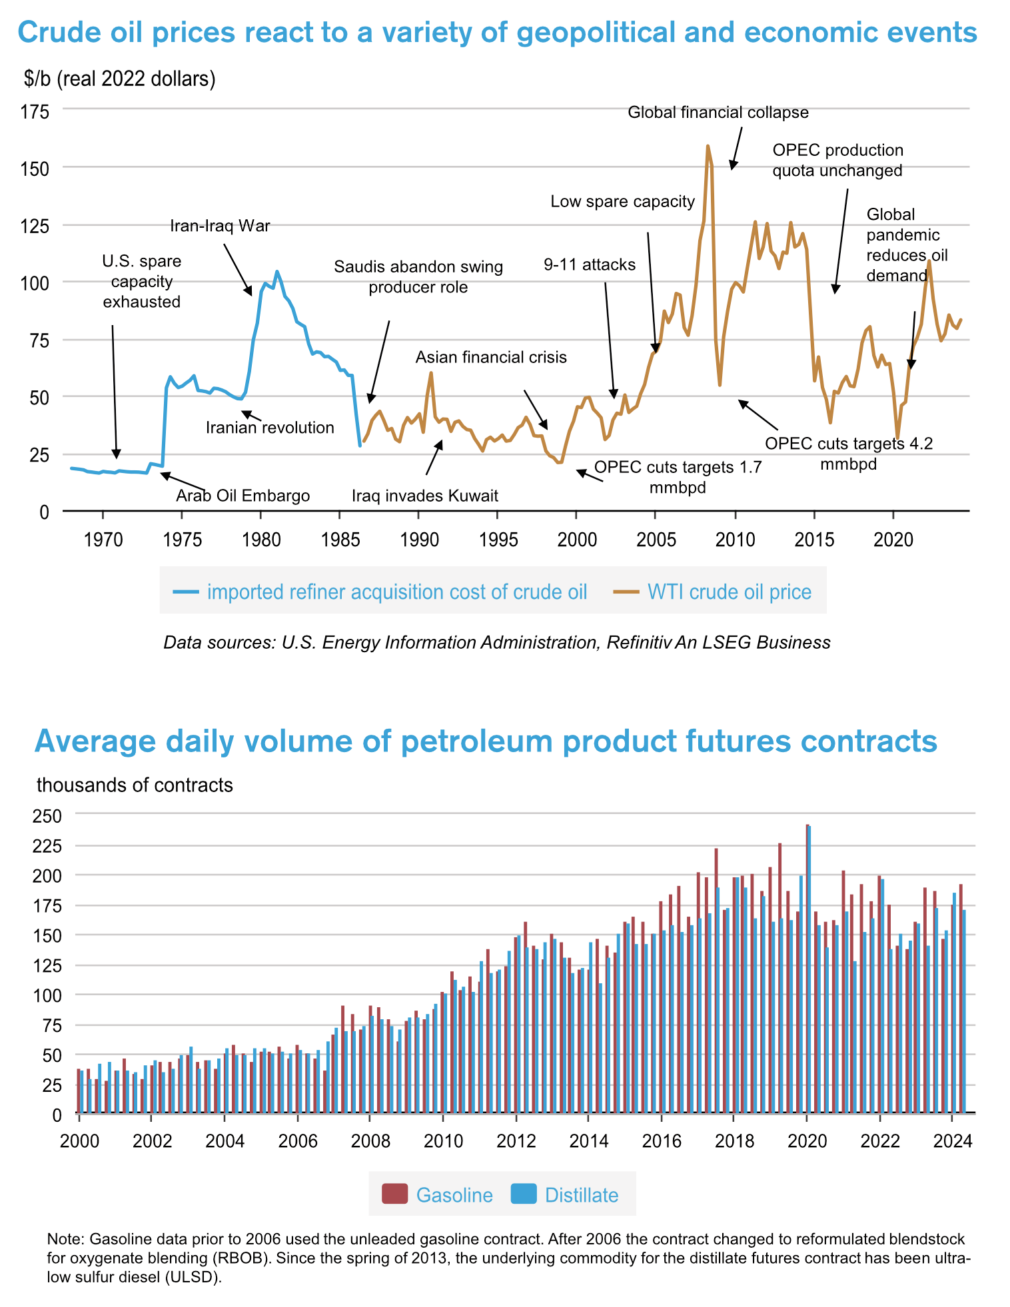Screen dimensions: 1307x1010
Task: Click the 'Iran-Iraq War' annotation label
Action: tap(220, 226)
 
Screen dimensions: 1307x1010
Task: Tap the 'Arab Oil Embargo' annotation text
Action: tap(243, 496)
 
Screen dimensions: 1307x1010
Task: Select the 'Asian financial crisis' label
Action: tap(491, 357)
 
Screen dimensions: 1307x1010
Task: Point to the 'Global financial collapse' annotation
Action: tap(718, 113)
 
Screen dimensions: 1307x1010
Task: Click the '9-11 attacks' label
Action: tap(590, 264)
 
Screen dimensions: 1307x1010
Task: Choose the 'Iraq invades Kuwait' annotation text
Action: tap(425, 496)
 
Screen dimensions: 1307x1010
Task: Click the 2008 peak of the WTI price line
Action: tap(708, 146)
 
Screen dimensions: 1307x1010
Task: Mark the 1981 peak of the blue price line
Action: tap(277, 272)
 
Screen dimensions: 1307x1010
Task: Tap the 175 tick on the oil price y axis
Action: tap(35, 111)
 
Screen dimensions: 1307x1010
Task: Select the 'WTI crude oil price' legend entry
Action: tap(730, 592)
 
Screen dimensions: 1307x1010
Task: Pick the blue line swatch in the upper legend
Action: tap(186, 592)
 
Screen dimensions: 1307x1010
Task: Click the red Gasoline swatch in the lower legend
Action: tap(394, 1194)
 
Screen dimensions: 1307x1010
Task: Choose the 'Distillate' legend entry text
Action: tap(582, 1194)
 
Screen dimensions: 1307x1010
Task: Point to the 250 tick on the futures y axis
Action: tap(48, 816)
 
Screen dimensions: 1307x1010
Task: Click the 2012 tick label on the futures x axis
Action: tap(516, 1140)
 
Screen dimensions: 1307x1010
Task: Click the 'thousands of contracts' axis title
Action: tap(135, 785)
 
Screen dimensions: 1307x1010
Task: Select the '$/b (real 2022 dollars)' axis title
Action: tap(119, 79)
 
